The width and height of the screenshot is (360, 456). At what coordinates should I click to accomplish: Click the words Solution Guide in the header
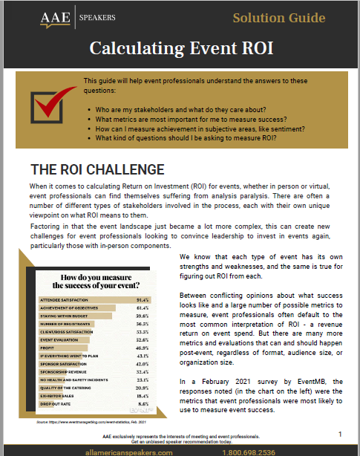tap(279, 18)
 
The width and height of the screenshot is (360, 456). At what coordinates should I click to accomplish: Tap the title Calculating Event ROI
tap(180, 48)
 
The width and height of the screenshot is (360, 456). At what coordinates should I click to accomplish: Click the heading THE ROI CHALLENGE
tap(96, 169)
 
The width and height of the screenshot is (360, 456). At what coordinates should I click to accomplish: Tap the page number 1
tap(340, 433)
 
